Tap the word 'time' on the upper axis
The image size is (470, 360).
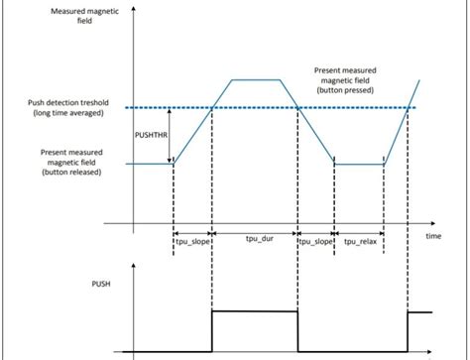[x=433, y=237]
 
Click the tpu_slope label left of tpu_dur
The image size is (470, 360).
[x=192, y=239]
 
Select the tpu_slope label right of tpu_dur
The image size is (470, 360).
[x=316, y=239]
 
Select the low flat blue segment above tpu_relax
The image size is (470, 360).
[x=359, y=164]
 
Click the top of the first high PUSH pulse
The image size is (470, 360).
[x=255, y=311]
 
